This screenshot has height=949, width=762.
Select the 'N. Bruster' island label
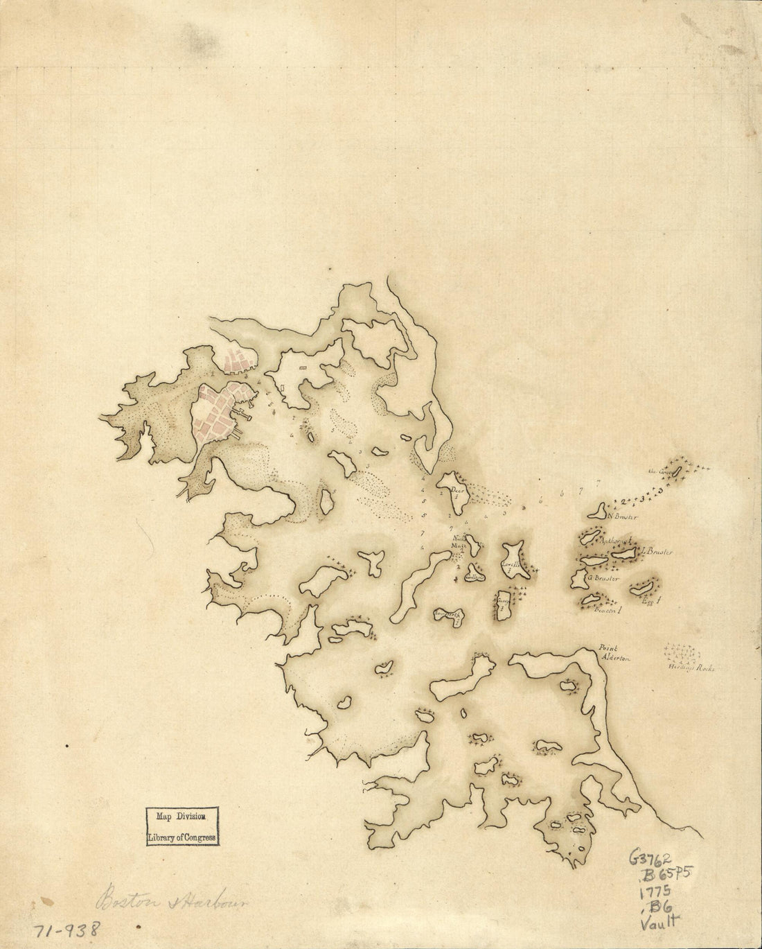621,517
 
